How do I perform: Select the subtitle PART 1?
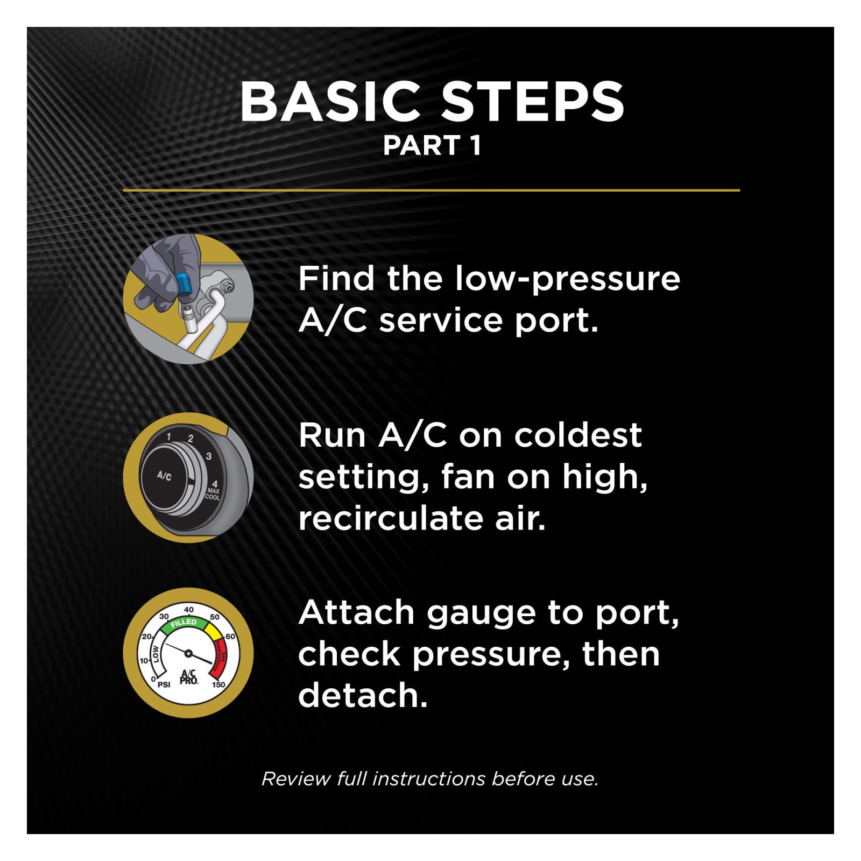pos(432,146)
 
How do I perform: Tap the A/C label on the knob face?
pos(164,476)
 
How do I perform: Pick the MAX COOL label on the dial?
pos(213,493)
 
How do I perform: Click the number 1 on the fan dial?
pos(169,436)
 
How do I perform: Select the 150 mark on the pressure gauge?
pos(218,684)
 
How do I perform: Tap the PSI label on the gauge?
pos(164,684)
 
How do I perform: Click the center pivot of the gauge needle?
pos(188,653)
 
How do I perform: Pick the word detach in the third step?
pos(363,695)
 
